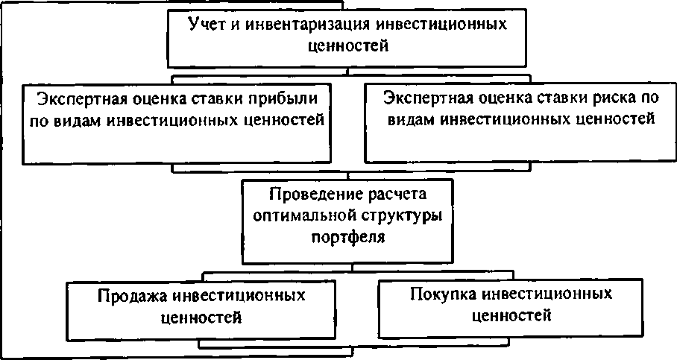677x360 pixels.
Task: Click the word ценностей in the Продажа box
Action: [x=201, y=317]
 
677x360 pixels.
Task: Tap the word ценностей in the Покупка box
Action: [x=512, y=315]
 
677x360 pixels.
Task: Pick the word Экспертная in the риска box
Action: [x=426, y=98]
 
